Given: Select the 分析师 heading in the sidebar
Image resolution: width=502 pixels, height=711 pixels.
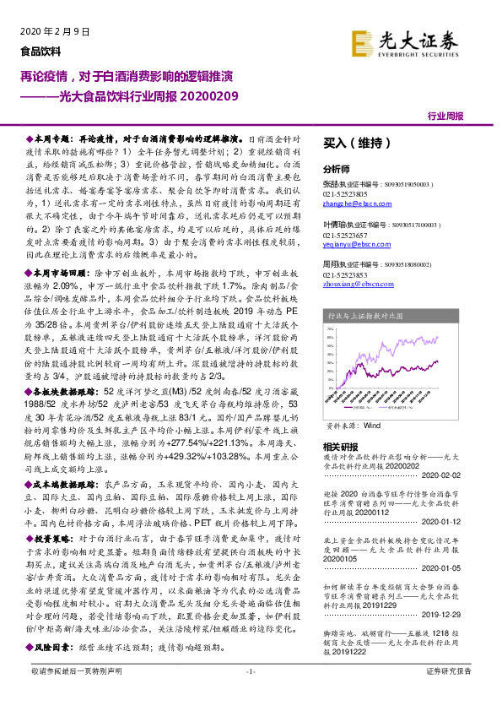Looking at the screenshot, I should pos(337,167).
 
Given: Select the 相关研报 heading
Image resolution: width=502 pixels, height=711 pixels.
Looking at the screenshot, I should pos(342,447).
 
